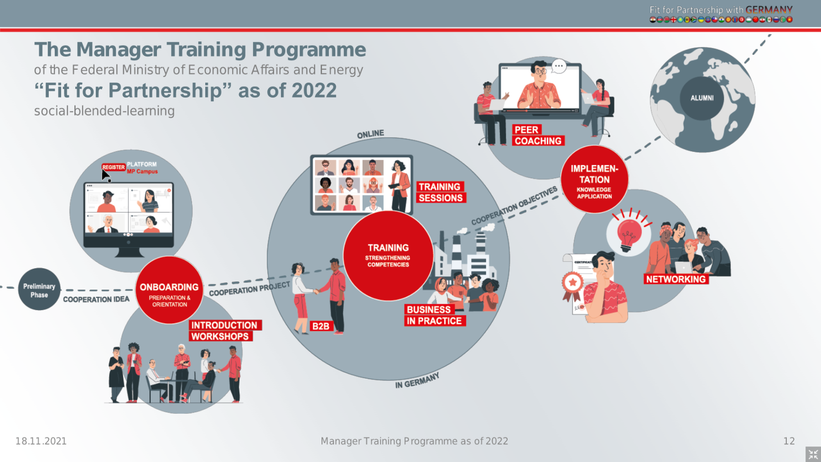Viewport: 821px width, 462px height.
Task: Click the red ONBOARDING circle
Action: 169,290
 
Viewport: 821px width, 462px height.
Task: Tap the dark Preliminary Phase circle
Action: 39,289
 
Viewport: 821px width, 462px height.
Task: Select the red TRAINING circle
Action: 388,255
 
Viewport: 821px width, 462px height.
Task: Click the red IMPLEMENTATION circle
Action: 594,179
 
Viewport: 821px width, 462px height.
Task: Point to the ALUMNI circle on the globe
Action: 702,98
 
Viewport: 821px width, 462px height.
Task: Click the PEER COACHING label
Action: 538,135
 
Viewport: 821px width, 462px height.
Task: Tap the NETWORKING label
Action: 676,279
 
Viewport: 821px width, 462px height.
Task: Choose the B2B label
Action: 321,326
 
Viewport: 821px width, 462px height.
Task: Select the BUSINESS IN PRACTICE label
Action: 434,315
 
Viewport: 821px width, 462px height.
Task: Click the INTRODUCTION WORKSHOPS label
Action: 225,331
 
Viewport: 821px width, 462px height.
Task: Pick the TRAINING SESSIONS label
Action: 441,192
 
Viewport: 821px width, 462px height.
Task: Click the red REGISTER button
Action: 114,167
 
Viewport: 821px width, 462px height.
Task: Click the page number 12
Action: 789,441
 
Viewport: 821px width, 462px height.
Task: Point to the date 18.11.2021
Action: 41,441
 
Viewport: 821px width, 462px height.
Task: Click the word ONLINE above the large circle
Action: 370,134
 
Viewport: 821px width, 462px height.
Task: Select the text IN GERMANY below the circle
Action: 417,380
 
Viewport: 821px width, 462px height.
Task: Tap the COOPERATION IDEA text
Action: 96,299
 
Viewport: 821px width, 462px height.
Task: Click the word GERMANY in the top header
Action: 769,10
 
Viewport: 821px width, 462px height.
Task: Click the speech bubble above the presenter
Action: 559,67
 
